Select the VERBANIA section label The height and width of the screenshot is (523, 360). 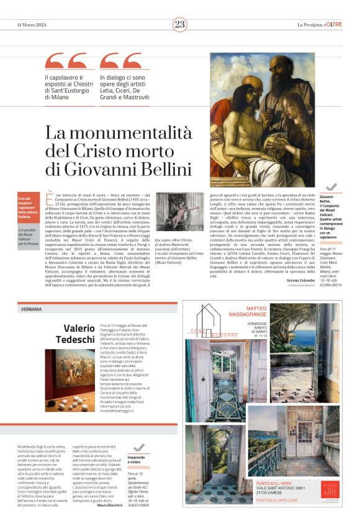click(x=32, y=309)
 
